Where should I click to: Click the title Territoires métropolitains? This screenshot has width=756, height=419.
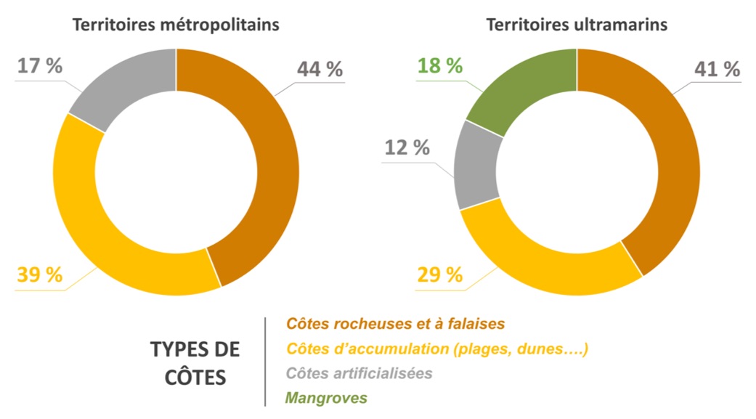pos(175,24)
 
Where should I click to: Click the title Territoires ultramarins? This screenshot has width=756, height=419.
pos(577,24)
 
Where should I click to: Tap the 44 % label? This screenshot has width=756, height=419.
pos(320,70)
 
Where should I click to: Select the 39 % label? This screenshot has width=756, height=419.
pos(39,276)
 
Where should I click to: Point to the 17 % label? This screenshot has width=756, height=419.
pos(39,65)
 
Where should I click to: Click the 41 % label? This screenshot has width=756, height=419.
pos(717,70)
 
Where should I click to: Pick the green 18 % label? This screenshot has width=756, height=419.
pos(440,65)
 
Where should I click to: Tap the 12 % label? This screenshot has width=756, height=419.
pos(407,147)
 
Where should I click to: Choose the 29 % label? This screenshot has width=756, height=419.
pos(440,275)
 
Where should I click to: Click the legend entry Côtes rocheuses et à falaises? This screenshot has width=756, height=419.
pos(395,322)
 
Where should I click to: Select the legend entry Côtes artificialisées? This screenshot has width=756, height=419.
pos(359,373)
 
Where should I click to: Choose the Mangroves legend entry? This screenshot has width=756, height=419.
pos(326,398)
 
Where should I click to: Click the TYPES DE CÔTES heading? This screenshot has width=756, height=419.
pos(195,363)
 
